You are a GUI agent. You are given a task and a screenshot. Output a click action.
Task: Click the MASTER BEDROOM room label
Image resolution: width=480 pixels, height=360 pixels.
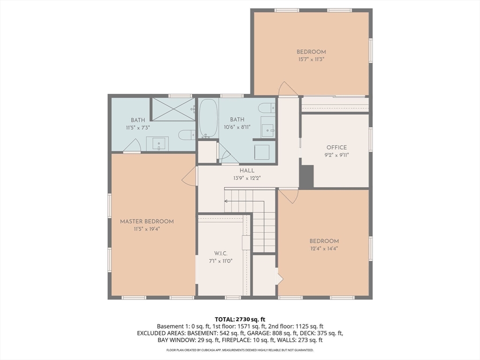pyautogui.click(x=147, y=221)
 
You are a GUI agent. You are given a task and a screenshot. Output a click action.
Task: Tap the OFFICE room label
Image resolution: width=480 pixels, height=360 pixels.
pyautogui.click(x=337, y=148)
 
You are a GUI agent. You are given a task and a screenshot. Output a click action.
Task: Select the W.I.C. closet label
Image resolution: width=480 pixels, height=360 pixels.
pyautogui.click(x=221, y=254)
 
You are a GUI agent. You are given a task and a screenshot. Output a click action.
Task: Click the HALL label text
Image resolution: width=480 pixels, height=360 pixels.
pyautogui.click(x=247, y=171)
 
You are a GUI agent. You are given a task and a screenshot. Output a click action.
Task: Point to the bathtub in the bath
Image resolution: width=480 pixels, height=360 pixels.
pyautogui.click(x=209, y=118)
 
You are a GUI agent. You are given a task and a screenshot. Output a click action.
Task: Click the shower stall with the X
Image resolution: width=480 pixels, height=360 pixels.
pyautogui.click(x=173, y=109)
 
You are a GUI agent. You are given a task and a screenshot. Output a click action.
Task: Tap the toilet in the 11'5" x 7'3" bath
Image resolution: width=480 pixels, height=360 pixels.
pyautogui.click(x=187, y=135)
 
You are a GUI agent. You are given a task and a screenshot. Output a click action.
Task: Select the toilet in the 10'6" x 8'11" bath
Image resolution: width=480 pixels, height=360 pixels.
pyautogui.click(x=267, y=108)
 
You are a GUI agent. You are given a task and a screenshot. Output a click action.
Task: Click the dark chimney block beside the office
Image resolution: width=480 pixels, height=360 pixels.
pyautogui.click(x=307, y=176)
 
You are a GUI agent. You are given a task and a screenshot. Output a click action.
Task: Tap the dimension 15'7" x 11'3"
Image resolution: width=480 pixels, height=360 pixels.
pyautogui.click(x=311, y=60)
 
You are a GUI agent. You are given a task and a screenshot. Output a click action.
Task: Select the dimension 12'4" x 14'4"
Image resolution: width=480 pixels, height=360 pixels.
pyautogui.click(x=324, y=248)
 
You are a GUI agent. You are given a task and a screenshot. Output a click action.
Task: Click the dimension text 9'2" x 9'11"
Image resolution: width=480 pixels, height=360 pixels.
pyautogui.click(x=337, y=155)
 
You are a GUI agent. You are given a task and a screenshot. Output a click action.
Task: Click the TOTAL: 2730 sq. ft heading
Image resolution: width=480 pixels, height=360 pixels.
pyautogui.click(x=240, y=320)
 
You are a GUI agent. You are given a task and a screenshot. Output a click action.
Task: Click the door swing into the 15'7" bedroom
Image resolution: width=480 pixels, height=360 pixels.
pyautogui.click(x=288, y=89)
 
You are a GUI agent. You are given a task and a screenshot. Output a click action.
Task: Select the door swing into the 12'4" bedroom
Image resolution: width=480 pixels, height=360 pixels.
pyautogui.click(x=288, y=196)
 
